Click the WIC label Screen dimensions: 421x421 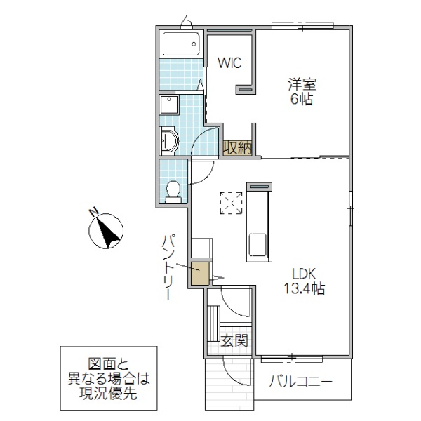click(x=229, y=62)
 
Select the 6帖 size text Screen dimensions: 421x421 click(x=302, y=100)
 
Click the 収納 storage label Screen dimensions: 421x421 click(x=238, y=147)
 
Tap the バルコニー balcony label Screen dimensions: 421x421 click(x=300, y=383)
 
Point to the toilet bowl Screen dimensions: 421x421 click(x=173, y=189)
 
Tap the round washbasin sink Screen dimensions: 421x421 click(x=169, y=142)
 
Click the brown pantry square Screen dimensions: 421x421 click(x=200, y=274)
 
